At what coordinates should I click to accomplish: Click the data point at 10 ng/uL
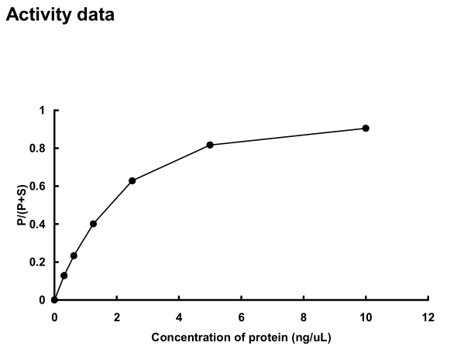click(366, 129)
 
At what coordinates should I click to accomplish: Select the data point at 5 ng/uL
click(210, 145)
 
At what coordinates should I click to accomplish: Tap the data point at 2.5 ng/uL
click(132, 180)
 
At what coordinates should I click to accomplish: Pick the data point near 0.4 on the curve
click(93, 224)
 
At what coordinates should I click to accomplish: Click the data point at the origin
click(54, 300)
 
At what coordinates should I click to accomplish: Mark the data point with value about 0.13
click(64, 276)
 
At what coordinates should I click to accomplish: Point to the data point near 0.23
click(74, 255)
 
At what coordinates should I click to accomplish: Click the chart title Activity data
click(60, 15)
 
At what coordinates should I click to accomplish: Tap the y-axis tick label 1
click(43, 111)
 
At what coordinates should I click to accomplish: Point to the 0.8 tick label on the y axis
click(39, 149)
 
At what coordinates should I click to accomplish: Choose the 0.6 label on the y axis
click(39, 187)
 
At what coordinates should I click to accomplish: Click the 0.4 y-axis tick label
click(39, 225)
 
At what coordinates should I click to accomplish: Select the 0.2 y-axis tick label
click(39, 262)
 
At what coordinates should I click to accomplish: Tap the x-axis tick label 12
click(428, 317)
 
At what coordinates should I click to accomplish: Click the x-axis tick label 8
click(303, 317)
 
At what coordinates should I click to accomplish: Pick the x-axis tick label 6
click(241, 317)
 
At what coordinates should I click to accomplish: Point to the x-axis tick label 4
click(179, 317)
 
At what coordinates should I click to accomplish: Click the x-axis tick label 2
click(116, 317)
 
